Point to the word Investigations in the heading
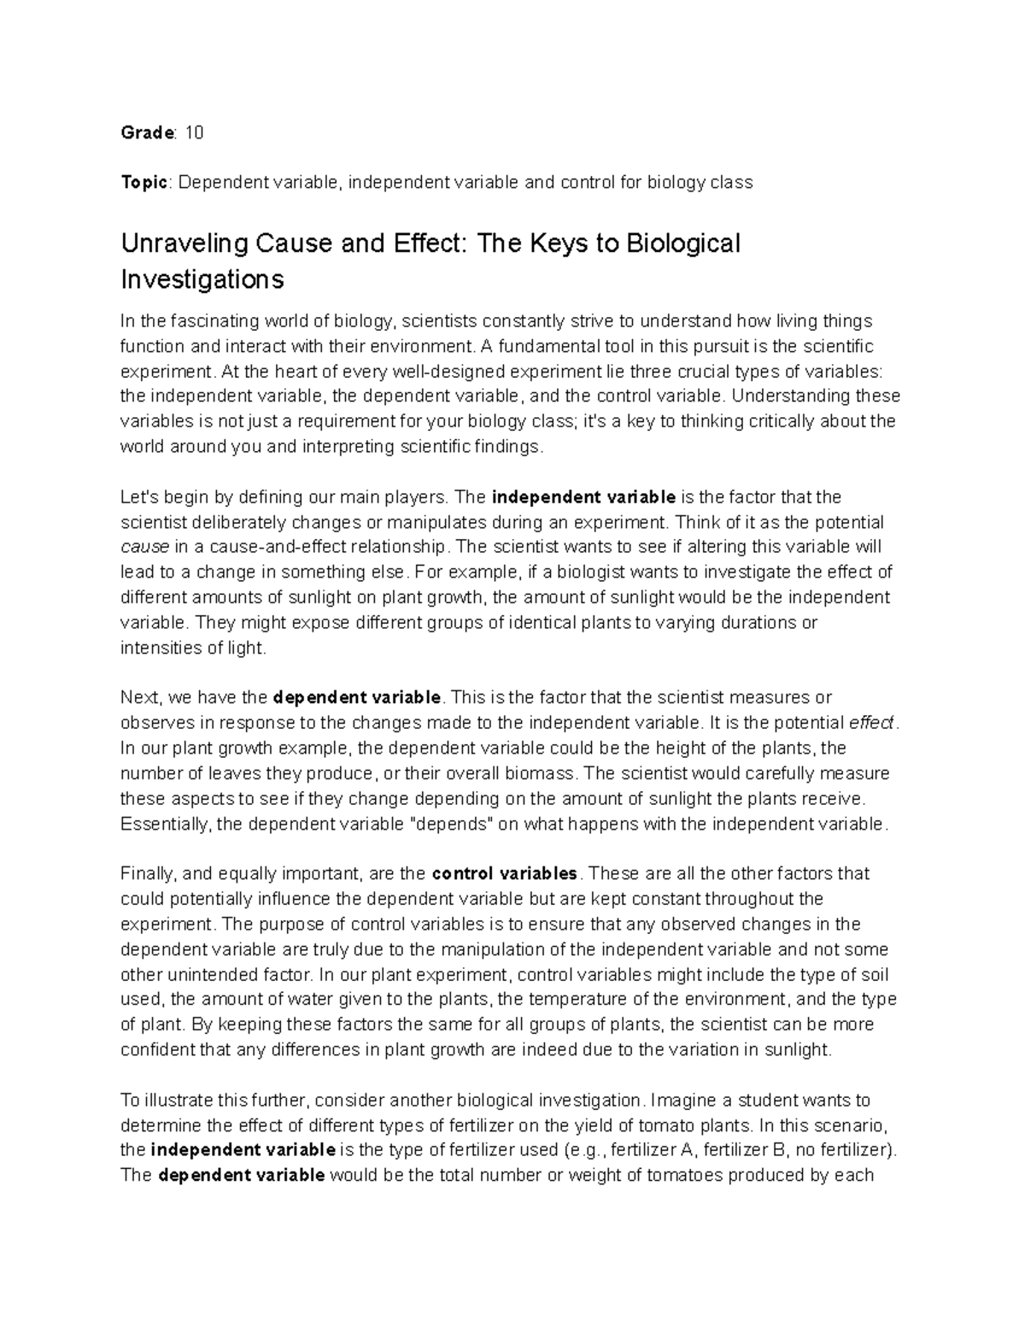click(x=202, y=279)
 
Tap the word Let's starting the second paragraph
click(x=139, y=496)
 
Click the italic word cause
click(x=144, y=547)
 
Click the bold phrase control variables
click(x=506, y=873)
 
